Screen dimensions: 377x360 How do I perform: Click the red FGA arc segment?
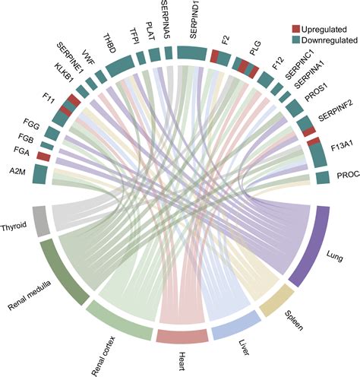pyautogui.click(x=43, y=156)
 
